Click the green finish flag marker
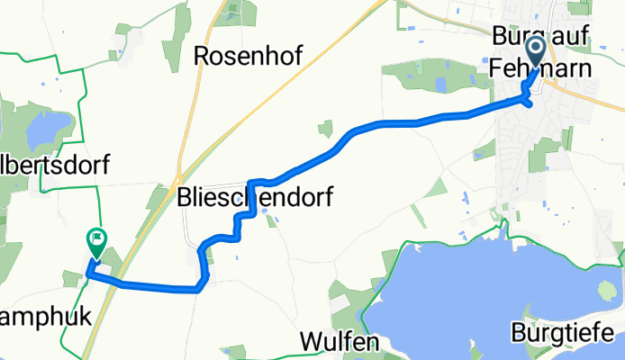95,240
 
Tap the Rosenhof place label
248,57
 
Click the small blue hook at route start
530,101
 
